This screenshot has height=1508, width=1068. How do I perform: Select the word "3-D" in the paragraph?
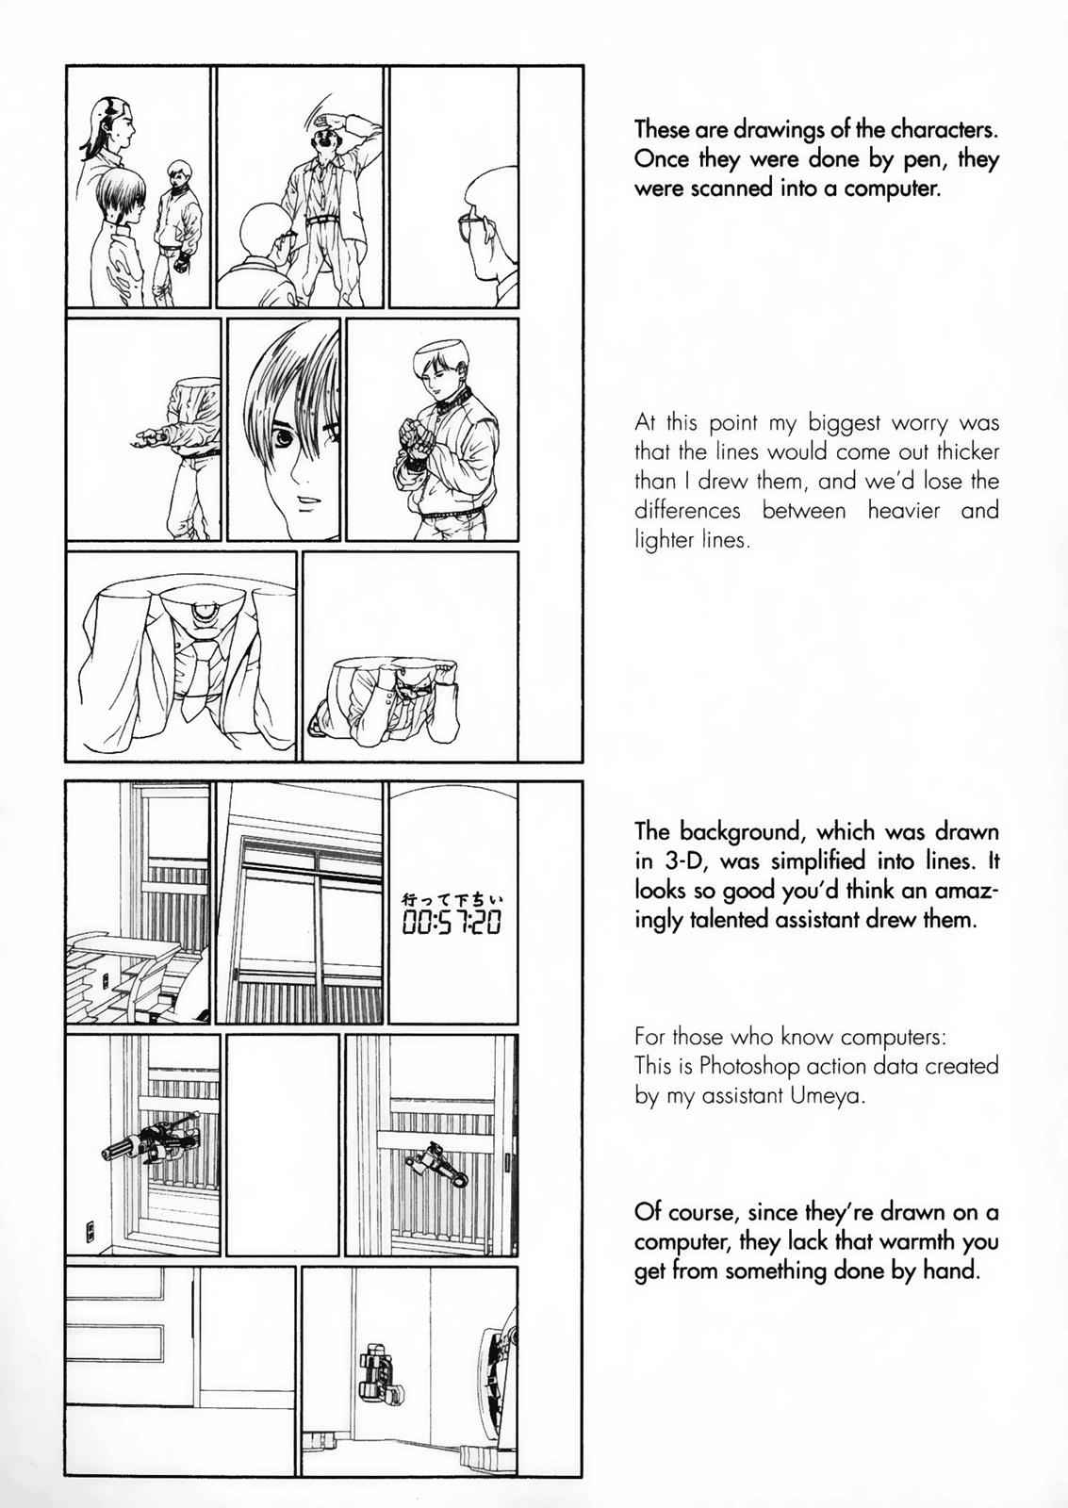click(x=681, y=861)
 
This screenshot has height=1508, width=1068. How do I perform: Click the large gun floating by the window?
click(x=151, y=1137)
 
